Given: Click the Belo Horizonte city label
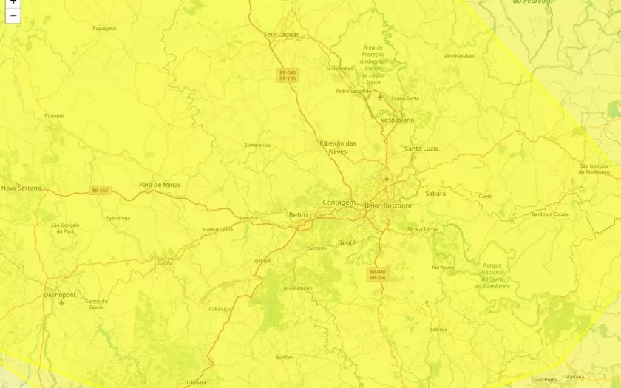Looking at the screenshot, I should pos(388,205).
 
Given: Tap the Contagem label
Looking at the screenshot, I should pos(339,202).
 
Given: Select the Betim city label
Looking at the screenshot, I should pos(298,215).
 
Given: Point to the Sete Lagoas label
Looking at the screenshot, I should pos(280,34).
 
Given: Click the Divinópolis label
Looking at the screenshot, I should pos(60,294).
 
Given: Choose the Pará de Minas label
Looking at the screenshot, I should pos(160,185).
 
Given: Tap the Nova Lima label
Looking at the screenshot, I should pos(423,229).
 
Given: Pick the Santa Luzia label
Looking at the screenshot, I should pos(421,149).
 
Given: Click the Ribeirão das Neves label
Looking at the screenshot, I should pos(338,147).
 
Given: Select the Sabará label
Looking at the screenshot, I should pos(435,193).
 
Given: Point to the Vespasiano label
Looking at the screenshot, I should pos(397,120).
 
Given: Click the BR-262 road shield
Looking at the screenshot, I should pos(100,191).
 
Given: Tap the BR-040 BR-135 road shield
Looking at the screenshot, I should pos(287,75).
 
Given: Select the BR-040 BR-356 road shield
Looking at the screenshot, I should pos(377,275).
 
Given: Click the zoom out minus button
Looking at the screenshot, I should pos(13,16).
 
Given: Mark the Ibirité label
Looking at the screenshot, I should pos(346,242).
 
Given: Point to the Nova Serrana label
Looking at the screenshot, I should pos(21,188).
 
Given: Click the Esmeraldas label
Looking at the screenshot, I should pos(258,145).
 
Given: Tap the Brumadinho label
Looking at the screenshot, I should pos(298,288).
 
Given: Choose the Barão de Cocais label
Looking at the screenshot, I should pos(550,214).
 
